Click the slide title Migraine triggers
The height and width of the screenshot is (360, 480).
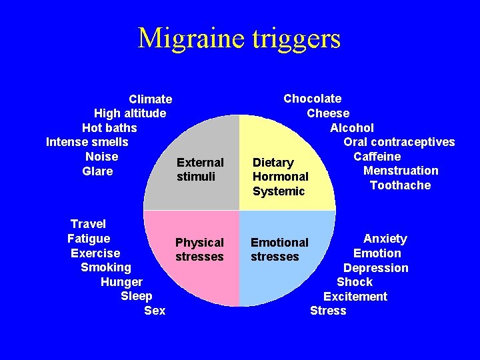[239, 39]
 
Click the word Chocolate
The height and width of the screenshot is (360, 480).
[312, 99]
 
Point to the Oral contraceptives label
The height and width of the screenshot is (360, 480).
[399, 142]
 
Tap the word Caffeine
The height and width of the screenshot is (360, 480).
[377, 157]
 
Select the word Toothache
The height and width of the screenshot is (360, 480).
[400, 185]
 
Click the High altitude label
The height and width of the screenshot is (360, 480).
[130, 113]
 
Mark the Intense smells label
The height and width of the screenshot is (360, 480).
[87, 142]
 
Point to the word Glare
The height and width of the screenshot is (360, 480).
[97, 171]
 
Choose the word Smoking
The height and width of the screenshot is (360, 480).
[105, 267]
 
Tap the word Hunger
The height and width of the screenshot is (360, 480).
[121, 282]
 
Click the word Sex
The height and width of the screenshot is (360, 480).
[155, 311]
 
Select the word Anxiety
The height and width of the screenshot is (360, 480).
[385, 239]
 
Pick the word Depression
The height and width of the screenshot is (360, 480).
[375, 268]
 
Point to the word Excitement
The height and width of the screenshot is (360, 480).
[355, 297]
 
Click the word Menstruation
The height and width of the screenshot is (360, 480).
[401, 171]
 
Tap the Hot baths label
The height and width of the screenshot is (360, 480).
[109, 127]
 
